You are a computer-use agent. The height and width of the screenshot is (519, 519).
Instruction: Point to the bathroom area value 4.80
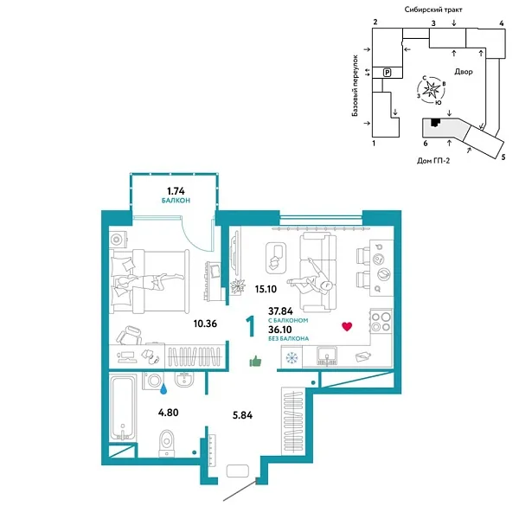point(168,413)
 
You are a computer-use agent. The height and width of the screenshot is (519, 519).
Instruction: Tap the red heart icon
point(348,326)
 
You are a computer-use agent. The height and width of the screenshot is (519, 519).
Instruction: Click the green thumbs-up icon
point(255,362)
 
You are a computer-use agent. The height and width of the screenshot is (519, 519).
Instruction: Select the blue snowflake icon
point(291,358)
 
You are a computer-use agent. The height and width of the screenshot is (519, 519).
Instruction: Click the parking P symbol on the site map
point(388,73)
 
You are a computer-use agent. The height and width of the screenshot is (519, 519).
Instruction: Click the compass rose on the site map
point(432,88)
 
